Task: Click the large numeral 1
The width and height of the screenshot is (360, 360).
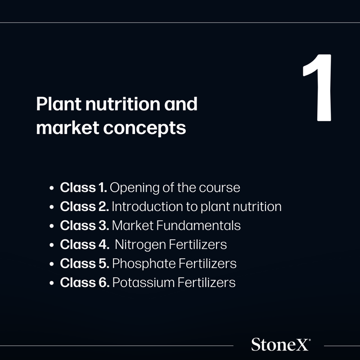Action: (x=318, y=88)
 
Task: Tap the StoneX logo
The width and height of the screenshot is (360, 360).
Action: (x=281, y=344)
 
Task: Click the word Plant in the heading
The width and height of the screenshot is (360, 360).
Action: (x=59, y=104)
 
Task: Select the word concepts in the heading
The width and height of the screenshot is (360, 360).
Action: (x=144, y=128)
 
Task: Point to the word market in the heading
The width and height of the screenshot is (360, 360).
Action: (x=68, y=127)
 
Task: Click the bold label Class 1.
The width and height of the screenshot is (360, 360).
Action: (x=83, y=187)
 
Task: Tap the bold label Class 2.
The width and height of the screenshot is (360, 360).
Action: (x=84, y=207)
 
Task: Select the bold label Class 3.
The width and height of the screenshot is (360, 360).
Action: (x=84, y=225)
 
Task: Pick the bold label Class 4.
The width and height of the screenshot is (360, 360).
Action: (x=84, y=244)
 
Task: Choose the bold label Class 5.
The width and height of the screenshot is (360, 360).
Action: (x=84, y=263)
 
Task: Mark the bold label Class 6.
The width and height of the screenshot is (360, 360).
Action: (x=85, y=282)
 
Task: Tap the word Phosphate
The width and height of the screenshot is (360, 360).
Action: (x=144, y=264)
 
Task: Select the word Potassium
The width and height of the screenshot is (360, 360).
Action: (x=143, y=283)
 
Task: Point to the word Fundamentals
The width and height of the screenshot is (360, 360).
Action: (x=198, y=225)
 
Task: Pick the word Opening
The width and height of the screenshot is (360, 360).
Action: (x=135, y=188)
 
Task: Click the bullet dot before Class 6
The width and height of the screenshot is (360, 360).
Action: (x=52, y=283)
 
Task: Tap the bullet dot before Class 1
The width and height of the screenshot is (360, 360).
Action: (x=52, y=188)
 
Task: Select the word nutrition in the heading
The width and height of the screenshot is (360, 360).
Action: (x=122, y=104)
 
